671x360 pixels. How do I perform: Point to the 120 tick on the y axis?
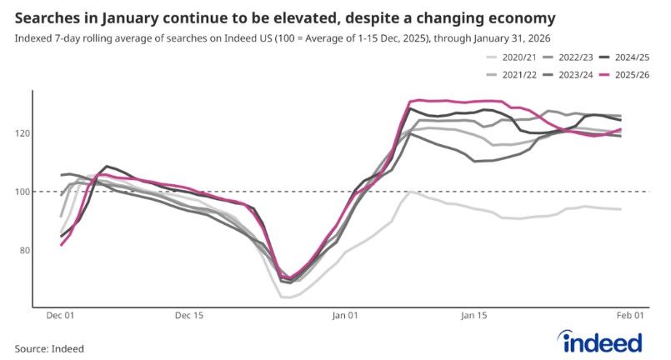[x=23, y=133]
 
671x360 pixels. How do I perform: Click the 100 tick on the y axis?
[x=23, y=192]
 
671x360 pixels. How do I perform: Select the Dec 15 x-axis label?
[x=189, y=316]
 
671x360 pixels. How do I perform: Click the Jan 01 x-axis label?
[x=346, y=316]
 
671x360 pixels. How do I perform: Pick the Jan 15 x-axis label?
[x=473, y=316]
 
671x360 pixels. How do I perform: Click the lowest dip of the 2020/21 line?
[x=286, y=297]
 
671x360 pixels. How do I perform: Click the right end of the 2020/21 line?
[x=621, y=209]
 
